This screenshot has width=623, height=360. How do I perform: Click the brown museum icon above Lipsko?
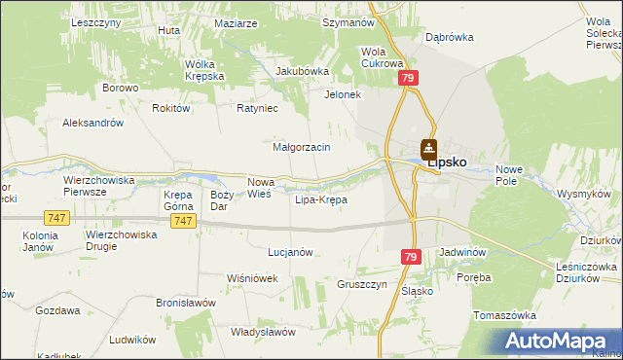coord(428,149)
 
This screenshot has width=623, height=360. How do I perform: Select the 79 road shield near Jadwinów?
coord(410,256)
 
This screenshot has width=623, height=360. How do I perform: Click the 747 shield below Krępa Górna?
coord(183,221)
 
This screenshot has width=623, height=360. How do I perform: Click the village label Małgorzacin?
coord(302,147)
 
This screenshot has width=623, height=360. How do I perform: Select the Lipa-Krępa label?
coord(320,200)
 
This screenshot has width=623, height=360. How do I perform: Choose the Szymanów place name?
coord(348,21)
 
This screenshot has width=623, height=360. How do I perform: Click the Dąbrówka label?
coord(449,37)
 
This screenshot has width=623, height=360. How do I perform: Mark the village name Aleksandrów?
coord(92,124)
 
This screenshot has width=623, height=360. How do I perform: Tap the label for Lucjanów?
coord(289,252)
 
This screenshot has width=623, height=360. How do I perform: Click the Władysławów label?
coord(263,332)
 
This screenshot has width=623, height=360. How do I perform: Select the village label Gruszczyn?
coord(363,284)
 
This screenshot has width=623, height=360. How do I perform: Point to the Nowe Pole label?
coord(509,175)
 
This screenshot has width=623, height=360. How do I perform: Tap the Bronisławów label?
coord(185,303)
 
